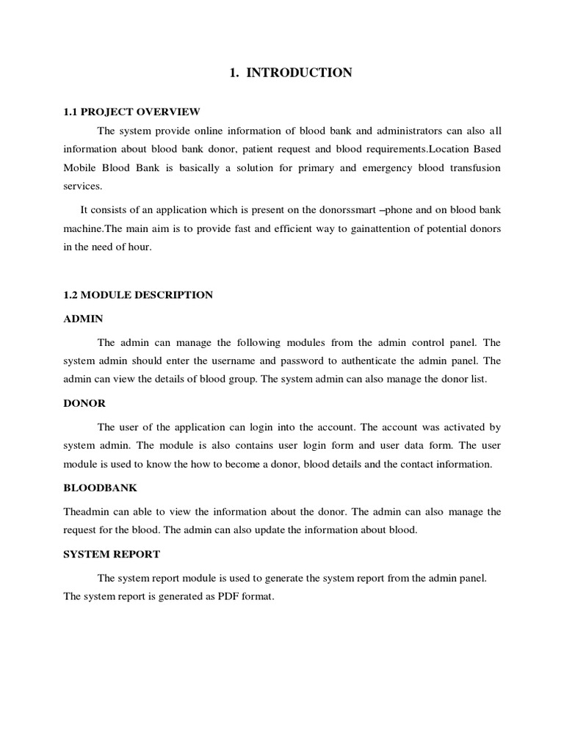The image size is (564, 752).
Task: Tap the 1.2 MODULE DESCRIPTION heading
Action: pos(138,294)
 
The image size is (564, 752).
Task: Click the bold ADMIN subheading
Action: pos(83,319)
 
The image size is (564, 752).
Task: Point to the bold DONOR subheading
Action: pos(84,403)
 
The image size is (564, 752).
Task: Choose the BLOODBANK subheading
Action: pos(100,488)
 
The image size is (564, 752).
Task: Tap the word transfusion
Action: pos(466,168)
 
